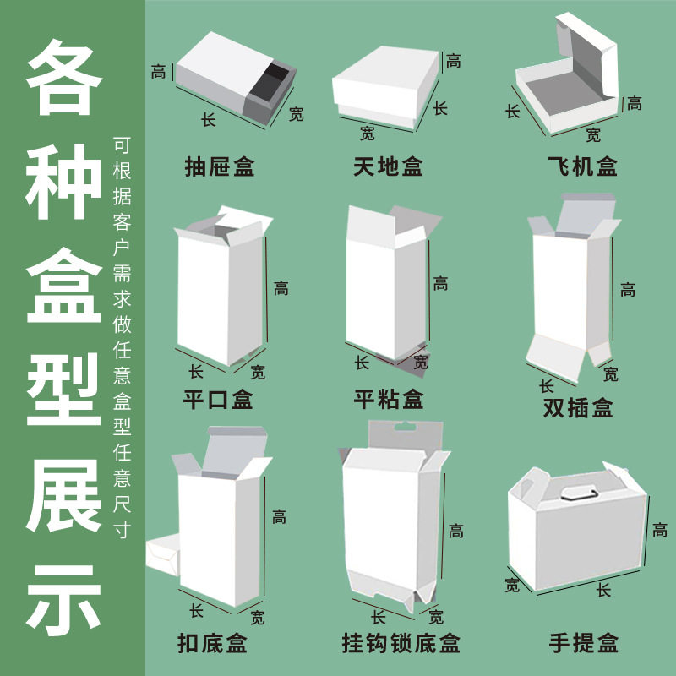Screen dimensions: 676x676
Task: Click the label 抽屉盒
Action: pyautogui.click(x=220, y=166)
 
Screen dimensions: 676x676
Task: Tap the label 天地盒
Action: pyautogui.click(x=389, y=166)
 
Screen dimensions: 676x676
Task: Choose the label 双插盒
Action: pyautogui.click(x=578, y=409)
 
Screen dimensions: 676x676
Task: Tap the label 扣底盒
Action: pyautogui.click(x=213, y=644)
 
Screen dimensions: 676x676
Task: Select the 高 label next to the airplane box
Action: pyautogui.click(x=634, y=103)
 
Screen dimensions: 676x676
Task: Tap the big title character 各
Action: pyautogui.click(x=65, y=76)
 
